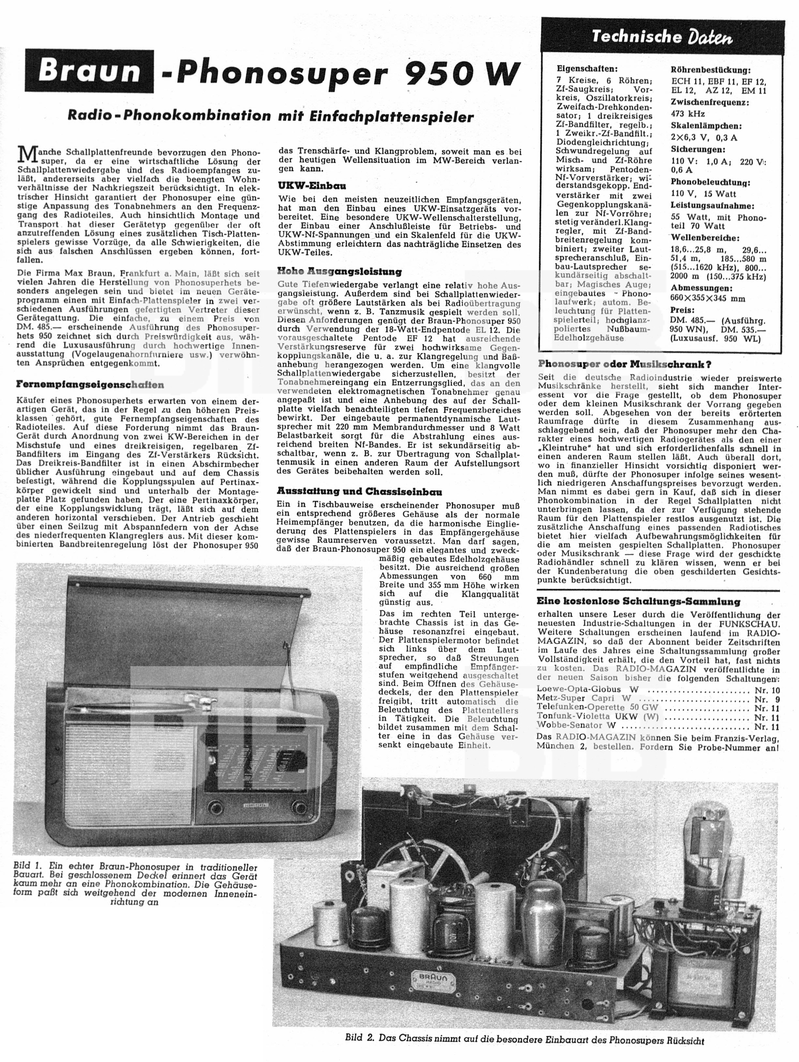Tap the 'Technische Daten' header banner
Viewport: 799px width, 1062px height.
(x=662, y=37)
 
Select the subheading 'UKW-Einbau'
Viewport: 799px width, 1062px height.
(x=312, y=186)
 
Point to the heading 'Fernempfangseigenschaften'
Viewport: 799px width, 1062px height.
(x=90, y=384)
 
